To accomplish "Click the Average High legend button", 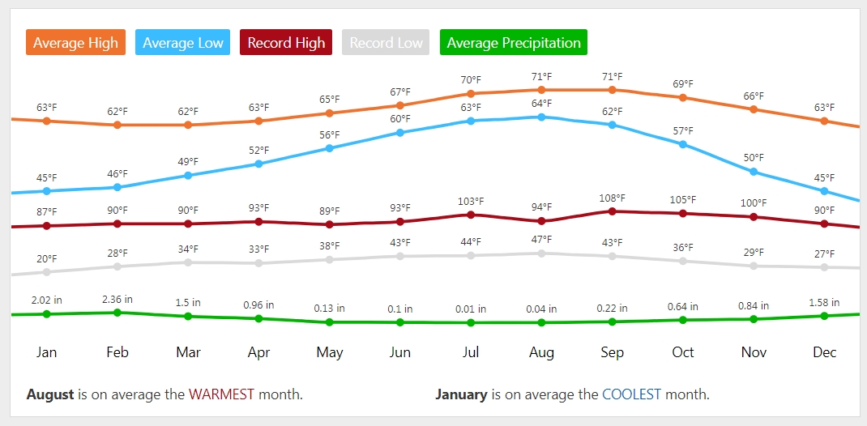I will coord(75,43).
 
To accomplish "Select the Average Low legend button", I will coord(182,43).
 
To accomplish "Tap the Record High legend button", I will coord(286,43).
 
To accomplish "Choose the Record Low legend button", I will coord(387,43).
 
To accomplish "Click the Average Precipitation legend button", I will coord(514,43).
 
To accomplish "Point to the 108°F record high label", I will coord(613,198).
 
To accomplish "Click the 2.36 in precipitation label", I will coord(117,300).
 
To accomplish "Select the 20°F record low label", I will coord(47,258).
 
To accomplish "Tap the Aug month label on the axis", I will coord(541,352).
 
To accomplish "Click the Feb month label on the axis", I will coord(117,352).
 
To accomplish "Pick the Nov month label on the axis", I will coord(754,352).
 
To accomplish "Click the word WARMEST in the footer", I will coord(221,394).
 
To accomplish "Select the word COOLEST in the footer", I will coord(631,394).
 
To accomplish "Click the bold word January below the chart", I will coord(461,394).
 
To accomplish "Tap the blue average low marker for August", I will coord(541,117).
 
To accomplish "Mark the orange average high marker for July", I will coord(471,94).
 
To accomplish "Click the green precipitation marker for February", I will coord(117,313).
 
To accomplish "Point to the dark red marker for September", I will coord(612,211).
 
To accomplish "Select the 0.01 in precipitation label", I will coord(471,309).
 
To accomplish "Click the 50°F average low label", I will coord(754,157).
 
